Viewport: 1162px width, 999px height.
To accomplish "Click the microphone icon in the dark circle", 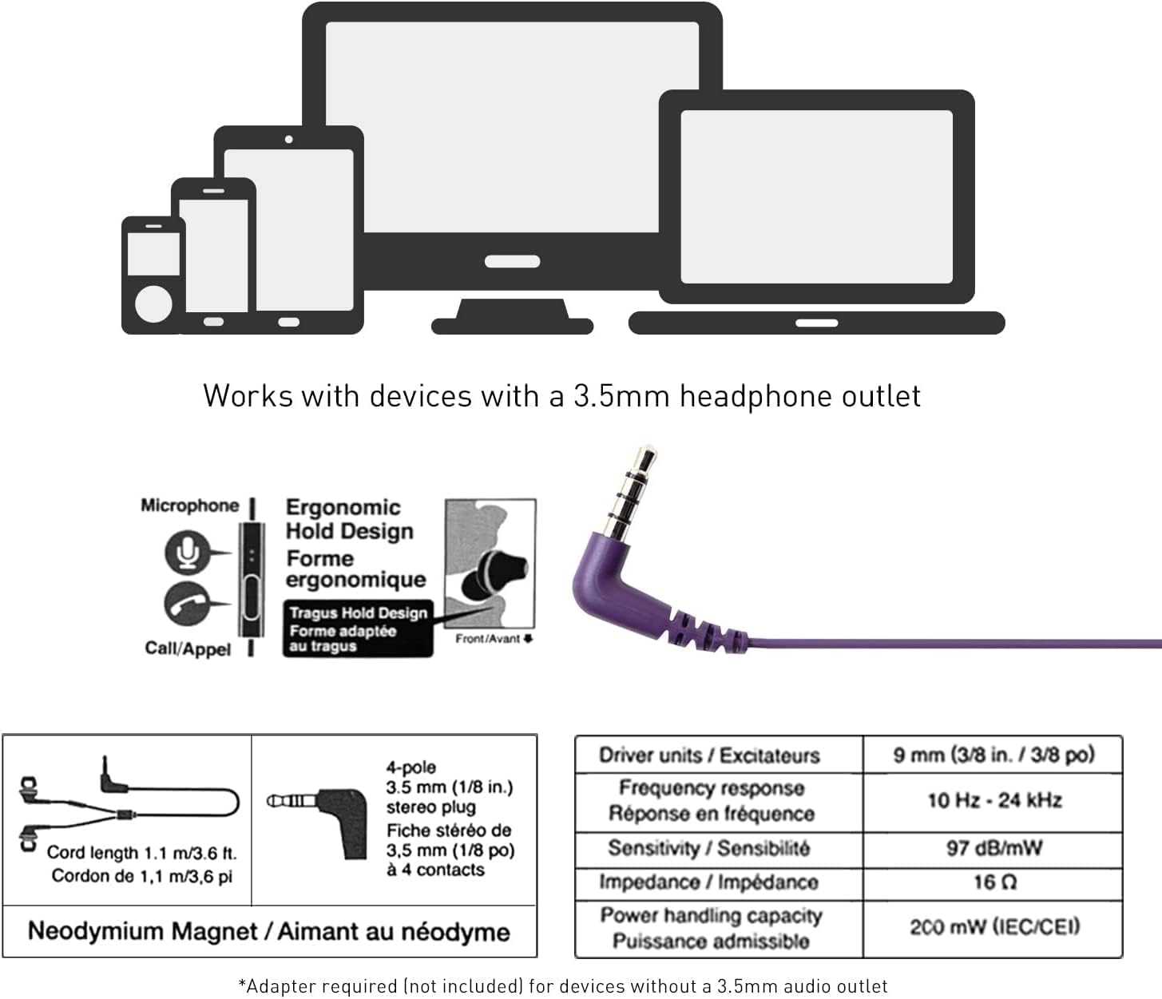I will coord(187,553).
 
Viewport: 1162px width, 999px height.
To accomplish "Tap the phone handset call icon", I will coord(186,605).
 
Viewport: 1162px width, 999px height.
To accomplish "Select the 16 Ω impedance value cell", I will coord(993,882).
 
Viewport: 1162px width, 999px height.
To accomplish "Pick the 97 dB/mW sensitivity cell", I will coord(993,847).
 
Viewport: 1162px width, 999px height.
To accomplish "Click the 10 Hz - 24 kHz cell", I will coord(993,800).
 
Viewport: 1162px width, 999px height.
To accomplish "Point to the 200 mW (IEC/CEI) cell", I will coord(993,927).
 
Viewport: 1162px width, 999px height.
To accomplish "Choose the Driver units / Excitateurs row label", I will coord(709,755).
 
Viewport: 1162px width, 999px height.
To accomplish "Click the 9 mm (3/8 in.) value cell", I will coord(993,755).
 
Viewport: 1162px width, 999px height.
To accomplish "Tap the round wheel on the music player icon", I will coord(153,304).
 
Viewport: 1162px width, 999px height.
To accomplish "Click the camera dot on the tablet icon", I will coord(288,140).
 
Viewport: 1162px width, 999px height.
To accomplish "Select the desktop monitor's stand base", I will coord(512,324).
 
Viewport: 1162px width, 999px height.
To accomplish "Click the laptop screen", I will coord(816,196).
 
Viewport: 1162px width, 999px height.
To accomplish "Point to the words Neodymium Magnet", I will coord(143,931).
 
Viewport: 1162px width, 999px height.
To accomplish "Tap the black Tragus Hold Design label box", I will coord(358,629).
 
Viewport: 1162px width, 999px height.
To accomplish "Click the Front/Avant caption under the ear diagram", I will coord(489,639).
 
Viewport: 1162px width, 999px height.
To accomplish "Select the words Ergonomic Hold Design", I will coord(349,519).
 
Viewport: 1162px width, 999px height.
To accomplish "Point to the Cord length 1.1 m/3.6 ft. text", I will coord(141,853).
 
